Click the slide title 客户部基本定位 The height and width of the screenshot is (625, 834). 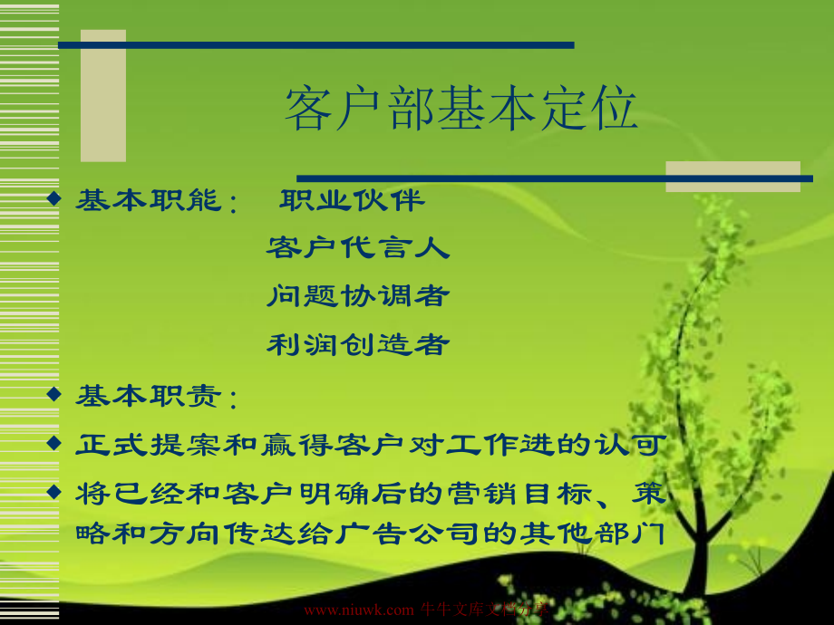[x=461, y=109]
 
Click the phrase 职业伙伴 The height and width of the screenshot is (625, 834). [x=352, y=200]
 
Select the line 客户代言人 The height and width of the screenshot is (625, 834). [x=358, y=247]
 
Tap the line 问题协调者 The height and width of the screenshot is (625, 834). [x=358, y=296]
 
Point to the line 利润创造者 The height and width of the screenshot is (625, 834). [x=358, y=344]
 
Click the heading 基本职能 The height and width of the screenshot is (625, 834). [x=149, y=200]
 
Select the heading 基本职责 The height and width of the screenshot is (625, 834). [x=149, y=397]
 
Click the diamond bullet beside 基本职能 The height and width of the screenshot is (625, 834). [x=53, y=198]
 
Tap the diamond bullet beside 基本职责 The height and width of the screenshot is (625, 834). [x=53, y=394]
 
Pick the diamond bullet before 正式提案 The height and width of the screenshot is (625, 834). [x=53, y=442]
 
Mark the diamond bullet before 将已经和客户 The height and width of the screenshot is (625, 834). [x=53, y=491]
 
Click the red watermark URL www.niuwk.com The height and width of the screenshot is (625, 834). [x=358, y=611]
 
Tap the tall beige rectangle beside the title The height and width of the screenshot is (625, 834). [x=103, y=96]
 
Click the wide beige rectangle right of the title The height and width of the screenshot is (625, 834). [x=733, y=177]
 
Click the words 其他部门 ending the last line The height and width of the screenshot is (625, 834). [x=593, y=533]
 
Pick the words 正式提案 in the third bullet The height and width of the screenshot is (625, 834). [x=149, y=445]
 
